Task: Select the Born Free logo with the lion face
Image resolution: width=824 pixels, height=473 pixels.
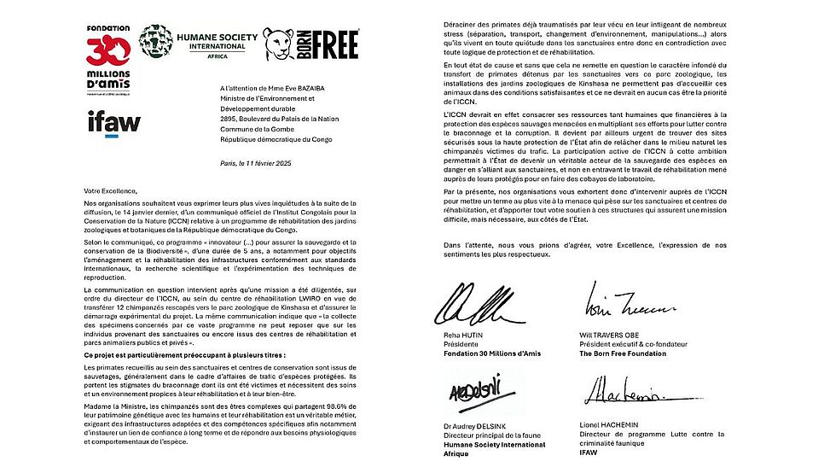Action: coord(310,43)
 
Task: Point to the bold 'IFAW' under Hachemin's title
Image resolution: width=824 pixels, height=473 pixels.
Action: coord(595,453)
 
